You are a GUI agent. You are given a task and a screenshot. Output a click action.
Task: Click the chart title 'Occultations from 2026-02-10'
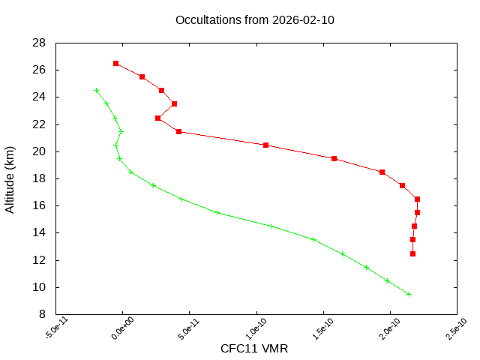[254, 20]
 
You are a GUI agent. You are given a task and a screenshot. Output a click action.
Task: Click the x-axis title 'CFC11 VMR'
[254, 349]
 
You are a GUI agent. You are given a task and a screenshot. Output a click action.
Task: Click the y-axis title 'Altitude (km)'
[10, 178]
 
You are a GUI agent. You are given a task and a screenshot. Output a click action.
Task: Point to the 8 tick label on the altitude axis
[43, 314]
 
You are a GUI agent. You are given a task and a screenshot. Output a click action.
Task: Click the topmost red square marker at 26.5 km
[115, 63]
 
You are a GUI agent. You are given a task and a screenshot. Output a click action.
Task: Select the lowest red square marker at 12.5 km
[412, 253]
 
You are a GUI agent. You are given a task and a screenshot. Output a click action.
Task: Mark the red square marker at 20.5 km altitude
[265, 145]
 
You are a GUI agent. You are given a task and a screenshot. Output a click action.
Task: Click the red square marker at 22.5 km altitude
[157, 118]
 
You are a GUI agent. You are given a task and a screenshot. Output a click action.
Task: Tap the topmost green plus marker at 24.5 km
[96, 90]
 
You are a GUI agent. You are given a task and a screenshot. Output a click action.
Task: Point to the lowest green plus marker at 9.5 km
[409, 294]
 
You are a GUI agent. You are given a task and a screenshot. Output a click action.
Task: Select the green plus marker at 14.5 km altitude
[270, 226]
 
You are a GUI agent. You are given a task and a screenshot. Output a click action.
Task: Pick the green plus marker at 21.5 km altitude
[121, 131]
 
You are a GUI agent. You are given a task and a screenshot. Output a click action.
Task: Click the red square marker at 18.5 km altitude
[382, 172]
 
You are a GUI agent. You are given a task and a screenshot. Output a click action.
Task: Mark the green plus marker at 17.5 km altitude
[153, 185]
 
